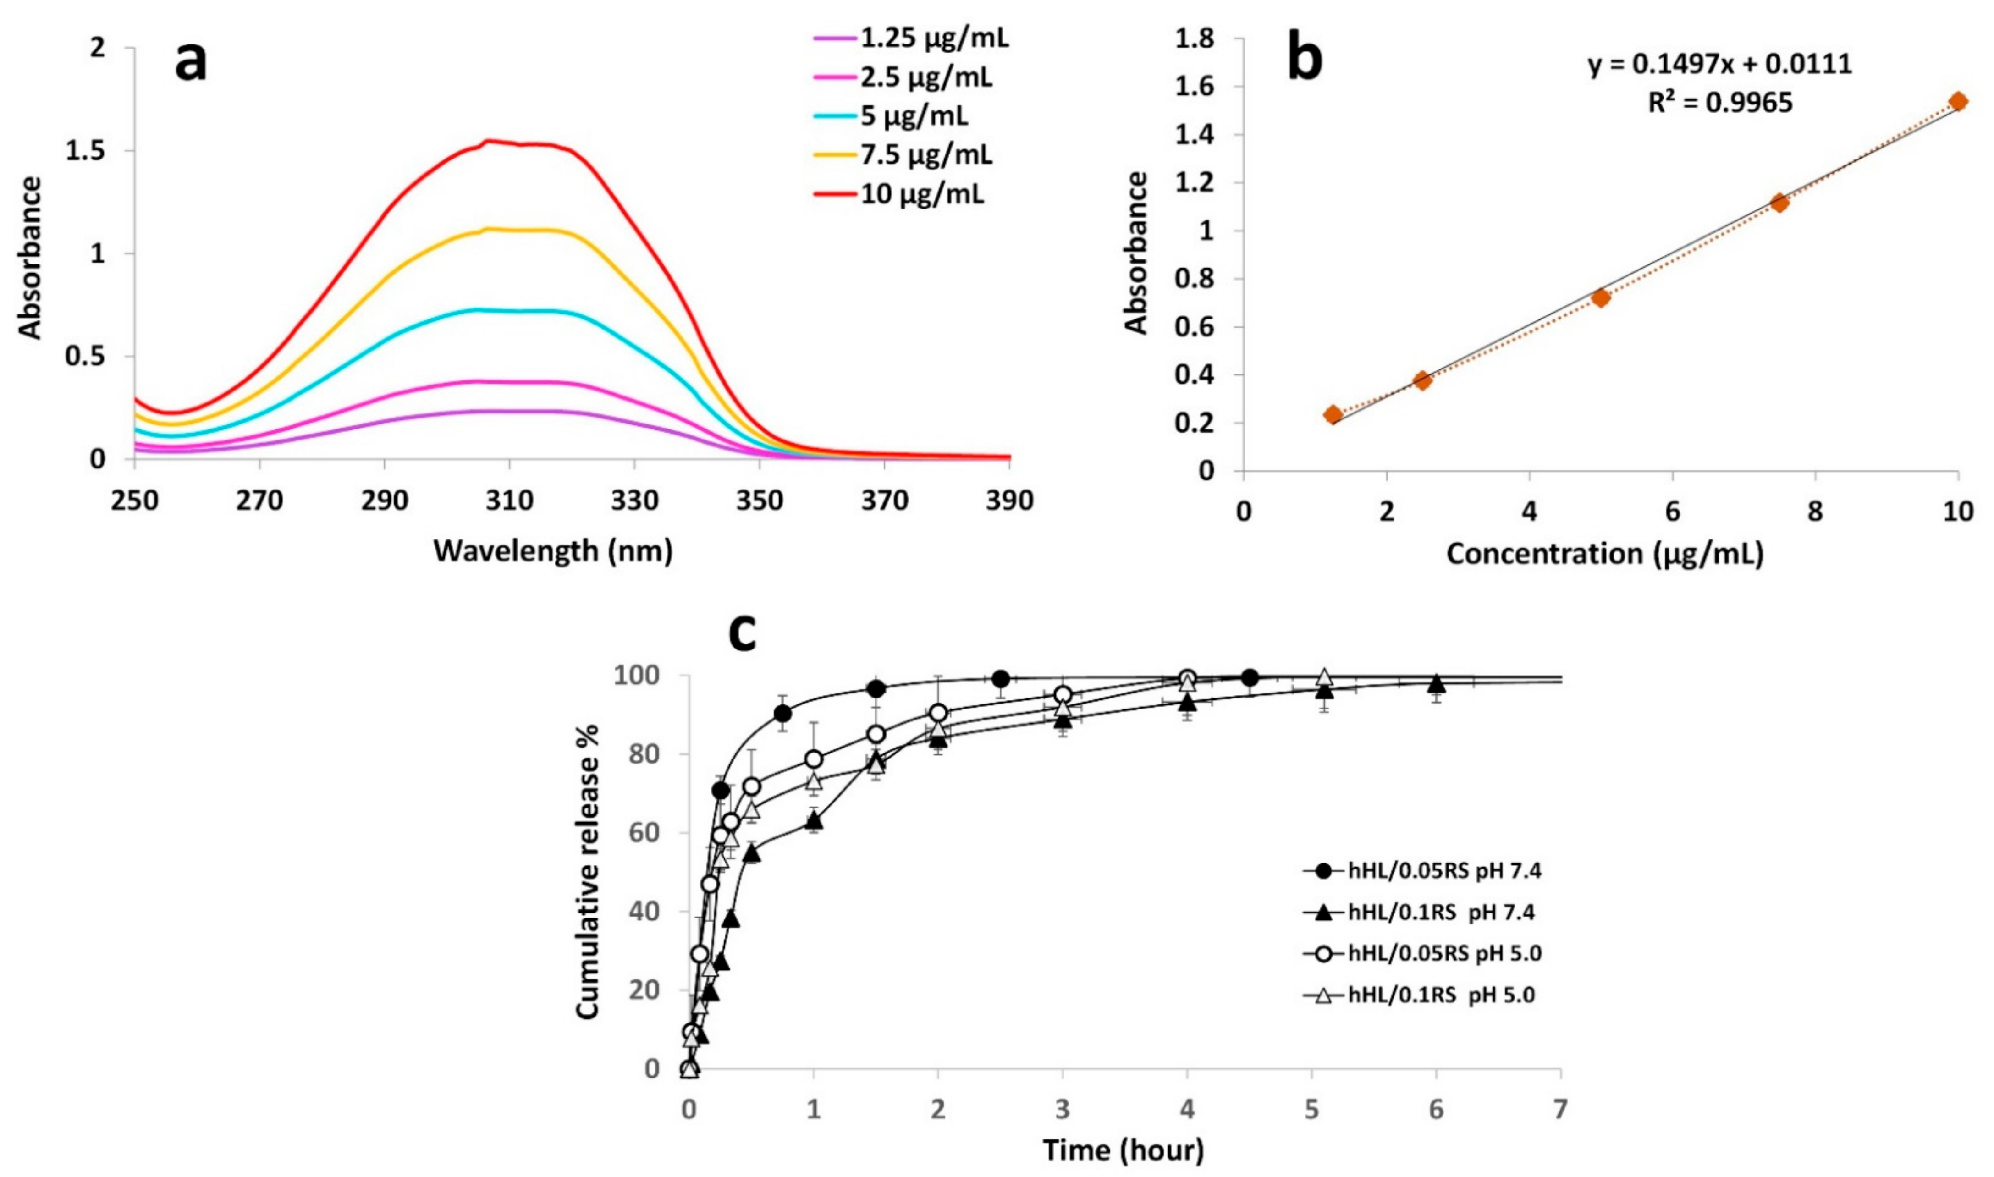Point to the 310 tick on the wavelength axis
tap(509, 501)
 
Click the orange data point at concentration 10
tap(1958, 101)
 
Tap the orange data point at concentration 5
tap(1601, 297)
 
